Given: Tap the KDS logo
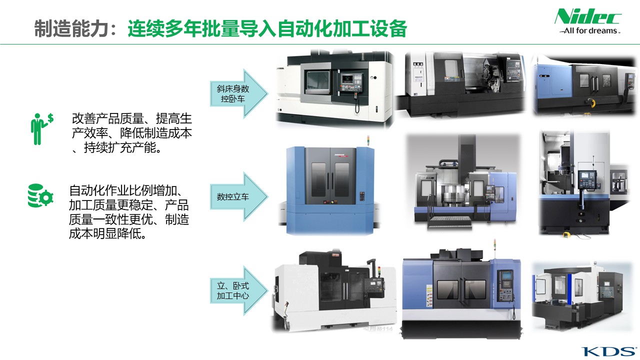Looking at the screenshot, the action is [608, 351].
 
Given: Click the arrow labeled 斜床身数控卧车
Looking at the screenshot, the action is [239, 93].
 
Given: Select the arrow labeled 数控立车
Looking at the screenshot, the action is [239, 196].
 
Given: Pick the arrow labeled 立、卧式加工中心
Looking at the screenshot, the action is [239, 290].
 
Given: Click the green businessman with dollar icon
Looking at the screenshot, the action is [41, 129].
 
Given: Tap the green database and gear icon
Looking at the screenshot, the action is [40, 195].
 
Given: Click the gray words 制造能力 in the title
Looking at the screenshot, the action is [71, 28].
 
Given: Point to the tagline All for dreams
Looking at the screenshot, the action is [589, 30].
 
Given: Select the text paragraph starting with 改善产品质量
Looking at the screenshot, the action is [132, 133].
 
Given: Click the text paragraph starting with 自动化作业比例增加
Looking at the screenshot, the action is [129, 212].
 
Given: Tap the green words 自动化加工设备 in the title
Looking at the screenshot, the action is [341, 28].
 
